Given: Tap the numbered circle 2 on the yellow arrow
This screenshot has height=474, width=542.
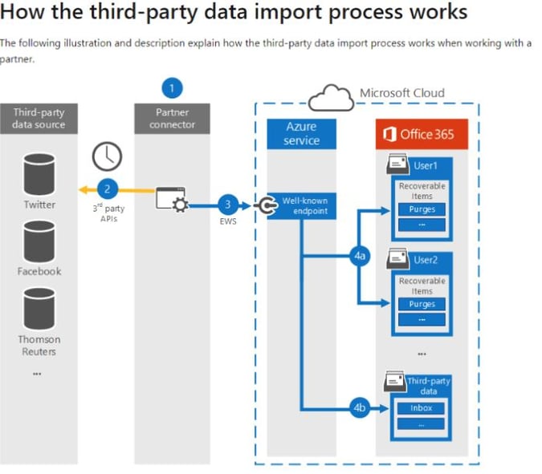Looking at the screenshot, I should click(x=108, y=189).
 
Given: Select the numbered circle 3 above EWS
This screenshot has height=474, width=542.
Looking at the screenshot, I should click(x=227, y=205).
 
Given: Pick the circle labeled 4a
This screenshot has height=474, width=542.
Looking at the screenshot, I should click(x=360, y=257).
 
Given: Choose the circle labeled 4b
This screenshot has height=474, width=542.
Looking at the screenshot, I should click(x=360, y=407).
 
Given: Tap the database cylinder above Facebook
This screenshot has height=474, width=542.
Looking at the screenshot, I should click(x=39, y=238).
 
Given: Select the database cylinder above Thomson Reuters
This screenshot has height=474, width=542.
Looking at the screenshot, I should click(x=39, y=306).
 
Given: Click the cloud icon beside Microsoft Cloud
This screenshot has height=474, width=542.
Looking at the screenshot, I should click(x=330, y=98).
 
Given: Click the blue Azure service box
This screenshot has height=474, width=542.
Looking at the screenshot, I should click(x=301, y=133).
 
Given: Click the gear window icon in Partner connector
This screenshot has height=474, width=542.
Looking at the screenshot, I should click(x=171, y=201).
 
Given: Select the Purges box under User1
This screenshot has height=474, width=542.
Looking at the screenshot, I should click(x=422, y=209).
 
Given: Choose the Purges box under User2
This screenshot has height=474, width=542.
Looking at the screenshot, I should click(x=422, y=304).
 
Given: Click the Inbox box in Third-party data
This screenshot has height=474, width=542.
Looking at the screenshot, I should click(x=422, y=408).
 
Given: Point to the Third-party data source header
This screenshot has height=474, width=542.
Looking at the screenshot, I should click(x=39, y=119).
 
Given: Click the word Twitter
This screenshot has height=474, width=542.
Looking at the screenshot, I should click(x=39, y=205).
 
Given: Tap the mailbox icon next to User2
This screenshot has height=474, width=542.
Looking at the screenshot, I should click(x=397, y=259).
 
